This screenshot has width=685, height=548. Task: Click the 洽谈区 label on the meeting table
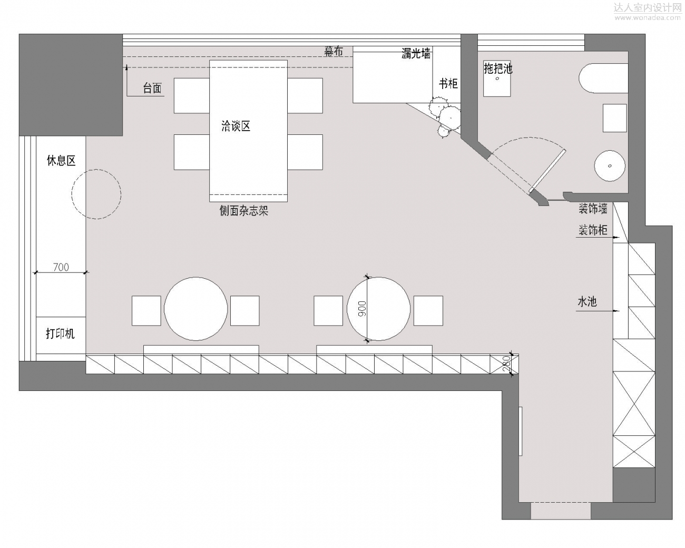click(x=236, y=126)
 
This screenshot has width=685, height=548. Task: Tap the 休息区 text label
click(x=62, y=161)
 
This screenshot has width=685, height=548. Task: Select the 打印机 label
click(x=61, y=334)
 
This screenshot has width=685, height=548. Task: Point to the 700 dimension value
click(x=61, y=267)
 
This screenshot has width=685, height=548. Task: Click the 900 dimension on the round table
click(x=362, y=309)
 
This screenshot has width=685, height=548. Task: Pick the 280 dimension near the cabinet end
click(x=506, y=364)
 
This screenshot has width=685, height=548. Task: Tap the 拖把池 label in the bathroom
click(x=498, y=68)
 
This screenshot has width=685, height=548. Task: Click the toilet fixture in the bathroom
click(x=603, y=79)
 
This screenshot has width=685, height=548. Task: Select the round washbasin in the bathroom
click(x=610, y=166)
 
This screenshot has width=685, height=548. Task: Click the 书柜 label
click(x=448, y=83)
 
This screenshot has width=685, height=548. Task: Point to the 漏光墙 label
click(x=416, y=53)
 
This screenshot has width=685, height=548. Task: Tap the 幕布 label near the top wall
click(x=334, y=51)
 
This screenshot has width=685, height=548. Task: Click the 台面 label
click(x=152, y=88)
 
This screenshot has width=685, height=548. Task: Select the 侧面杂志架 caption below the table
click(x=244, y=210)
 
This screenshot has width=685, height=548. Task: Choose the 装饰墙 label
click(x=593, y=209)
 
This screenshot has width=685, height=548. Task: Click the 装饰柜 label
click(x=593, y=230)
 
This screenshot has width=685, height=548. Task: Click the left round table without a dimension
click(x=196, y=309)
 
